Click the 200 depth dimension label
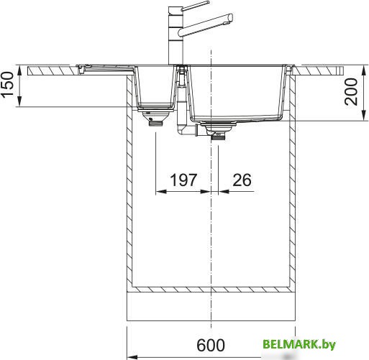point(351,92)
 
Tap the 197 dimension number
point(183,180)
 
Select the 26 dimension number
point(242,180)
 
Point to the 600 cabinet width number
point(211,345)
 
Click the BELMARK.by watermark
point(299,344)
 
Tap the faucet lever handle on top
point(195,6)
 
